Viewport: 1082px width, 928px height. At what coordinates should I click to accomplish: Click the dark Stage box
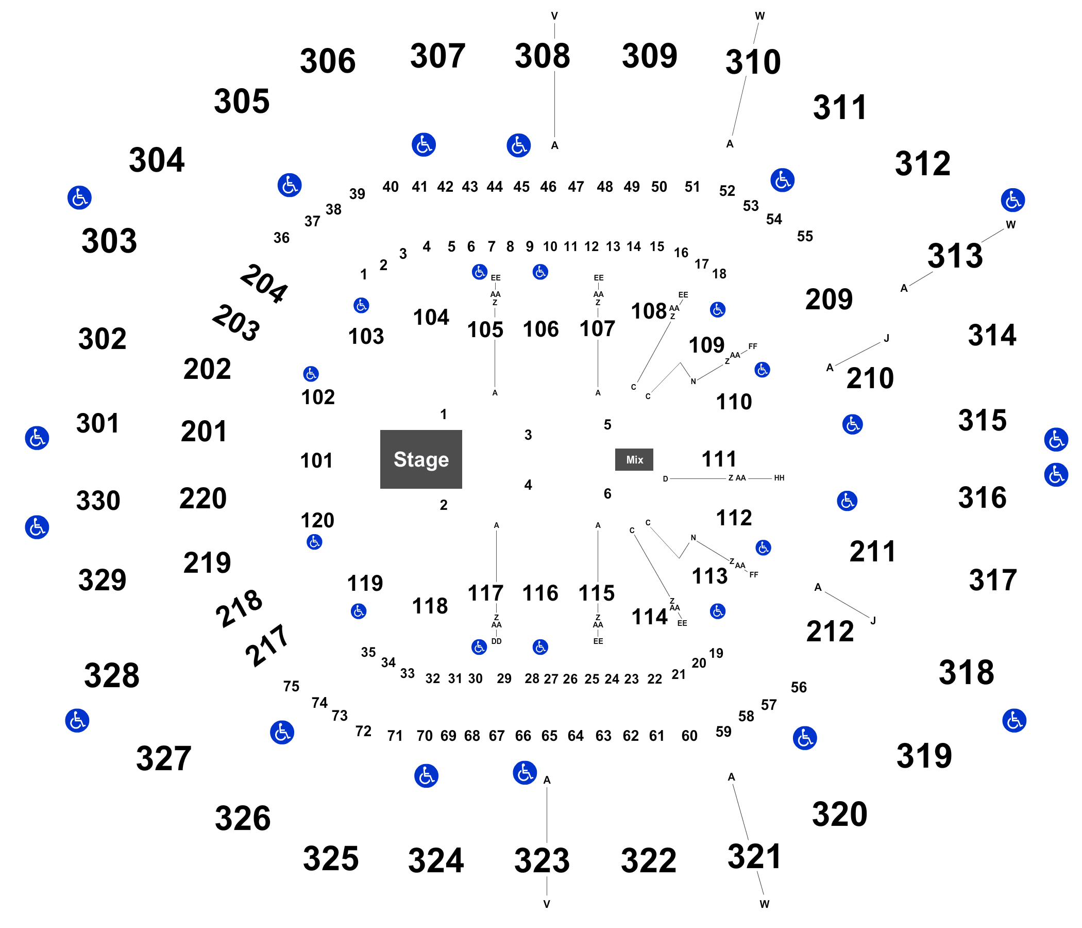click(x=421, y=459)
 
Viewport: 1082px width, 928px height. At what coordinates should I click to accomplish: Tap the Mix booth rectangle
click(x=634, y=460)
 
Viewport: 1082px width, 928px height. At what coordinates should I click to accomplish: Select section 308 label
click(x=543, y=56)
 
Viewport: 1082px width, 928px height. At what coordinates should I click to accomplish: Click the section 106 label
click(x=541, y=329)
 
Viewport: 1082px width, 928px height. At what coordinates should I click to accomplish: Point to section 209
click(x=829, y=300)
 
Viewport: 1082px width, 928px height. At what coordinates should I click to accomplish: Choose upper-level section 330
click(x=98, y=501)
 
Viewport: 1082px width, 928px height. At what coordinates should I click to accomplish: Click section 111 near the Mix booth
click(x=719, y=459)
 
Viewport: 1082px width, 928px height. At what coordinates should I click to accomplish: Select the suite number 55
click(x=805, y=236)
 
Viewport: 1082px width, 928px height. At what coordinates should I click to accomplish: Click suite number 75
click(x=292, y=686)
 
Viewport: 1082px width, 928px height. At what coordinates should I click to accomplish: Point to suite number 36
click(x=281, y=238)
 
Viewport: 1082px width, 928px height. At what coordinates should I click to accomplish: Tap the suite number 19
click(x=716, y=653)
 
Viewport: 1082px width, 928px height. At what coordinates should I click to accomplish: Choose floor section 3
click(x=529, y=435)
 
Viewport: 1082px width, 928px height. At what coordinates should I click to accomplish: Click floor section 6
click(x=607, y=494)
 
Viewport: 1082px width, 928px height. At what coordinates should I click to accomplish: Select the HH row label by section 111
click(x=779, y=477)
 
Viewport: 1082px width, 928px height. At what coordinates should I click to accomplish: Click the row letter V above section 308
click(x=554, y=16)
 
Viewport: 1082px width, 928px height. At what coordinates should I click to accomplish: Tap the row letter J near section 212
click(x=873, y=621)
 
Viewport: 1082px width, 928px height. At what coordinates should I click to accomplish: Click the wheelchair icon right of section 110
click(x=763, y=370)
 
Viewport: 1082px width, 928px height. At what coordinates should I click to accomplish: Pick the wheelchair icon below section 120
click(x=314, y=542)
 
